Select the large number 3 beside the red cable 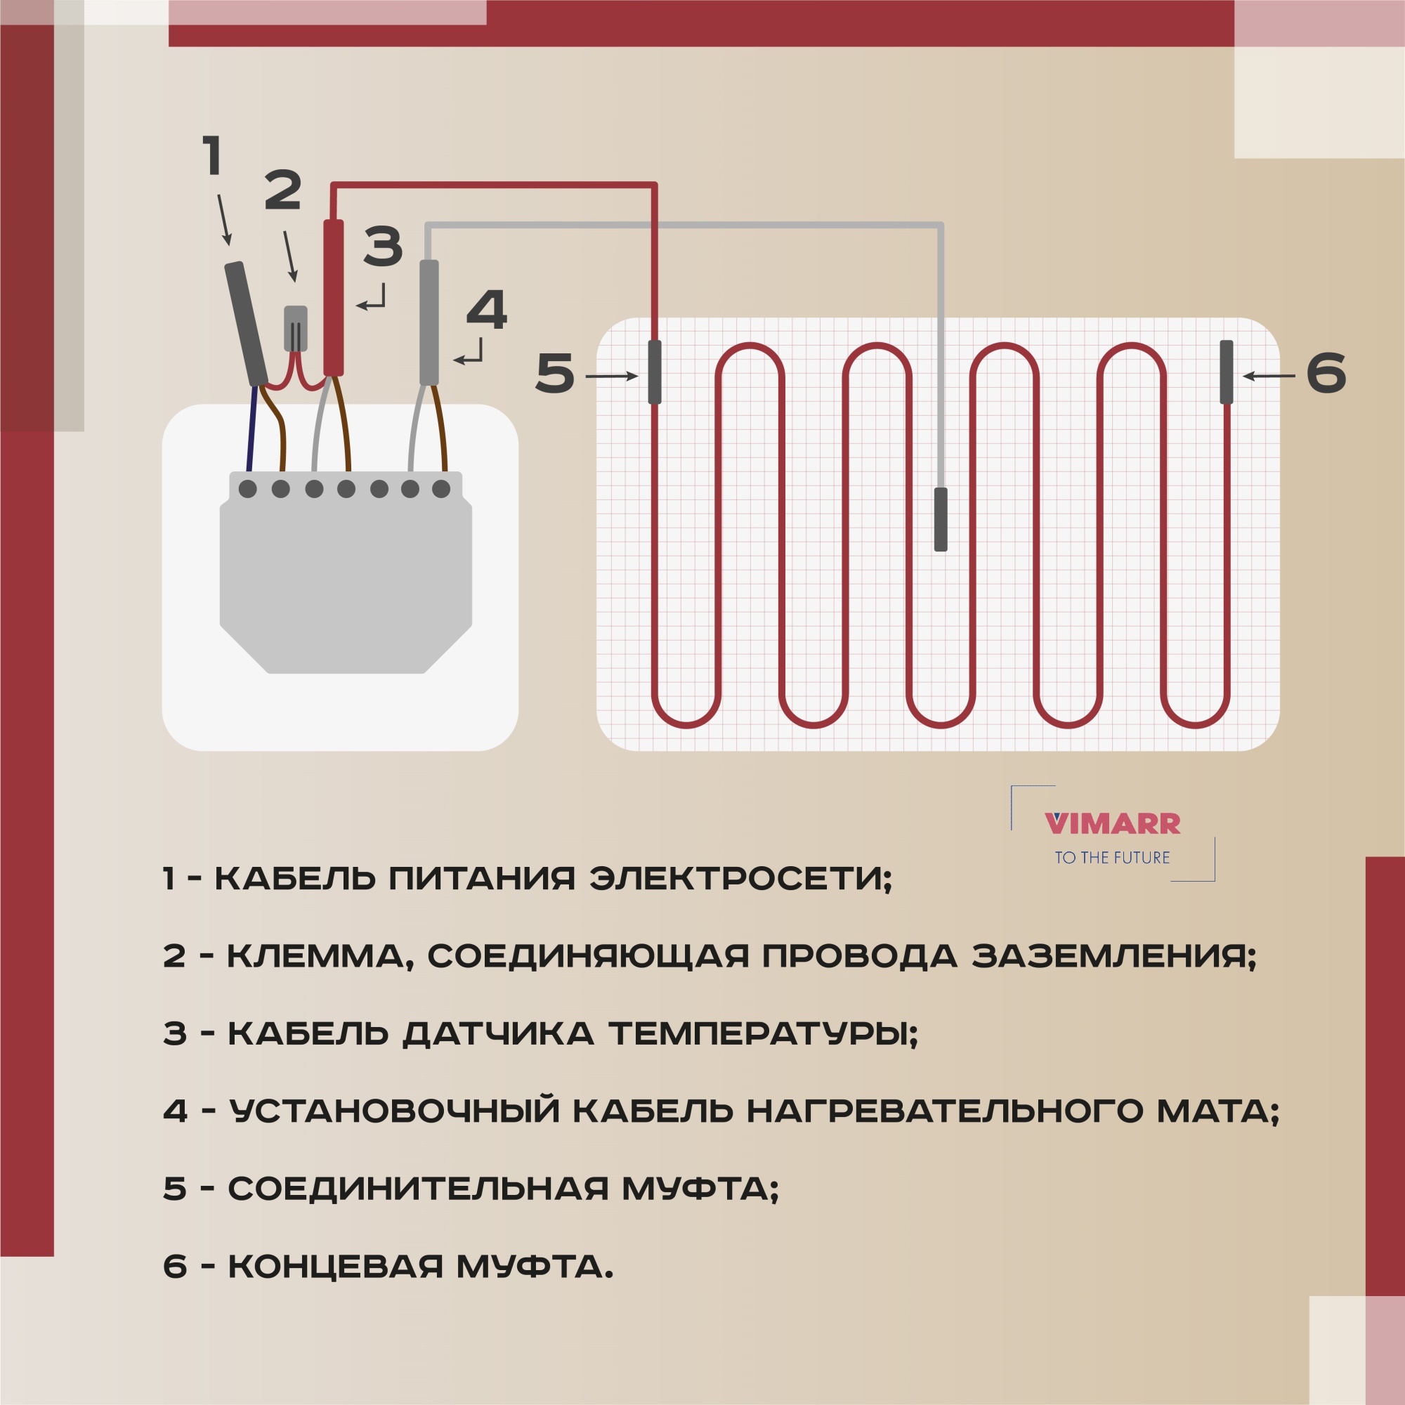pyautogui.click(x=383, y=246)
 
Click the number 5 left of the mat pyautogui.click(x=554, y=374)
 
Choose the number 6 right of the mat pyautogui.click(x=1326, y=374)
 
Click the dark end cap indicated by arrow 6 pyautogui.click(x=1226, y=372)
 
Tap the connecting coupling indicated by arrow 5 pyautogui.click(x=655, y=372)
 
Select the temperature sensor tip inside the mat pyautogui.click(x=941, y=519)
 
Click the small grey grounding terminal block pyautogui.click(x=294, y=328)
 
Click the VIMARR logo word pyautogui.click(x=1112, y=824)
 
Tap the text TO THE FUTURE pyautogui.click(x=1112, y=857)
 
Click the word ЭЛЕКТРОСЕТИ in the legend pyautogui.click(x=739, y=880)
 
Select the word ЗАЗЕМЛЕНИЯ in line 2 pyautogui.click(x=1113, y=956)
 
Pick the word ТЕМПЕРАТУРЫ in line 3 pyautogui.click(x=763, y=1033)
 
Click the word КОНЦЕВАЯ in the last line pyautogui.click(x=335, y=1266)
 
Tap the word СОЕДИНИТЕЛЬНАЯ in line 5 pyautogui.click(x=418, y=1189)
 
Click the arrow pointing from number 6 pyautogui.click(x=1269, y=376)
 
